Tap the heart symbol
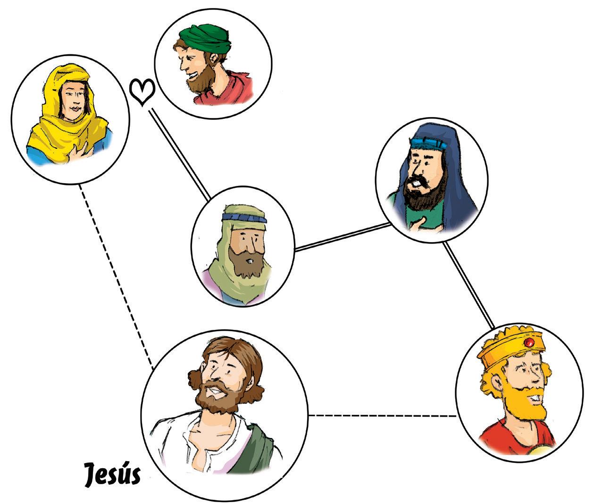[142, 92]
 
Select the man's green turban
[207, 39]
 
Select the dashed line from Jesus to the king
[382, 416]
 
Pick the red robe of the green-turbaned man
[226, 90]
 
